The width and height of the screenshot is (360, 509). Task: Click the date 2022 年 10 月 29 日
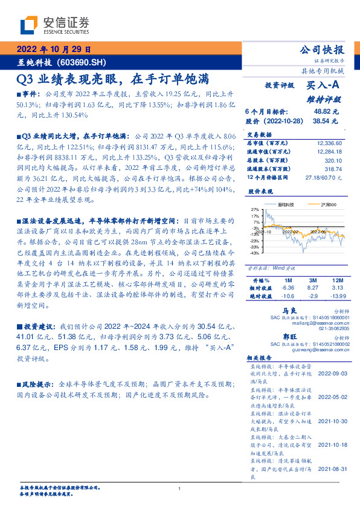(53, 50)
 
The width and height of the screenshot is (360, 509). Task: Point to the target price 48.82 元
(326, 112)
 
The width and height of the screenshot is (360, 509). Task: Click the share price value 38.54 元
(326, 121)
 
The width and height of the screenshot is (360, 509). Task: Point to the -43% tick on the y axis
(254, 253)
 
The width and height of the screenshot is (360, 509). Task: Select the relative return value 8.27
(313, 289)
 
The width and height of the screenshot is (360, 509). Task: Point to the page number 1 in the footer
(180, 488)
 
